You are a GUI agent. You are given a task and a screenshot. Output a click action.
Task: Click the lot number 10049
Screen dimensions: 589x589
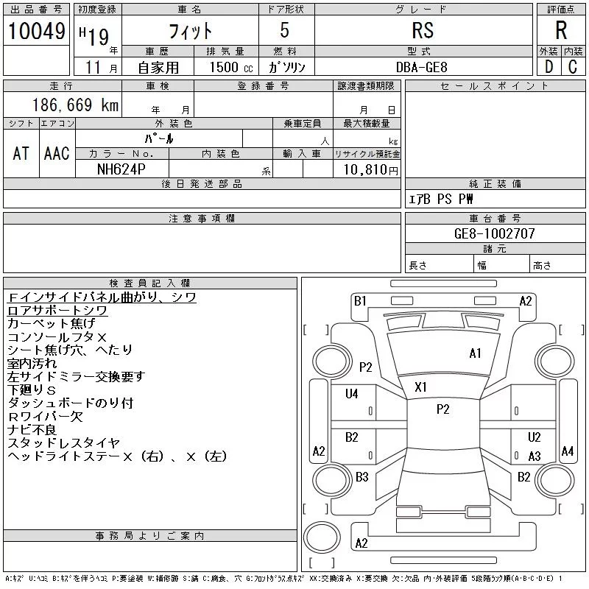click(36, 31)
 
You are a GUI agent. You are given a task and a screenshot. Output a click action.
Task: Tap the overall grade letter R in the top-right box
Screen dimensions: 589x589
click(561, 30)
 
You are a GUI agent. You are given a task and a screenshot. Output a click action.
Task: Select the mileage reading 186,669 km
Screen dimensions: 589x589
click(75, 105)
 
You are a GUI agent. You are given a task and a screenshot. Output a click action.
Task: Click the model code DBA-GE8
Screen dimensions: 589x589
click(421, 67)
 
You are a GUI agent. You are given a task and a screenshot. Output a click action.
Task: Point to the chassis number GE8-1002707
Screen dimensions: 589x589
click(494, 233)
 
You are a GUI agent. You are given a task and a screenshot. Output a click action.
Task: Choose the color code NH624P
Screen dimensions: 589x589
click(121, 169)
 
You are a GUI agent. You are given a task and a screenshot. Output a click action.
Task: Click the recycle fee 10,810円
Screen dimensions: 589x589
click(370, 169)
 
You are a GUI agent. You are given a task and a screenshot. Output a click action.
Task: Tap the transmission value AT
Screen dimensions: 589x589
click(21, 153)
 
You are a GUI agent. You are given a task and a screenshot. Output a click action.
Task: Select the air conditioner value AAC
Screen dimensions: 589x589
click(57, 153)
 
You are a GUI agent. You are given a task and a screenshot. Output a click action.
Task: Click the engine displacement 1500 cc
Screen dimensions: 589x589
click(231, 67)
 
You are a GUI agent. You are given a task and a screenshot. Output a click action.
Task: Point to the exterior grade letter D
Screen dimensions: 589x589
click(549, 67)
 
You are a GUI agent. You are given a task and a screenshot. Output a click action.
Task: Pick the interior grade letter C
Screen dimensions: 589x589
click(573, 67)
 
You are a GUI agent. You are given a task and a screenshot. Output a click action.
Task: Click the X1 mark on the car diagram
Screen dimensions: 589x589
click(420, 387)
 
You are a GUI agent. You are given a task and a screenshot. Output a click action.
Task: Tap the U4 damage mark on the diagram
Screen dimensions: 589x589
click(352, 394)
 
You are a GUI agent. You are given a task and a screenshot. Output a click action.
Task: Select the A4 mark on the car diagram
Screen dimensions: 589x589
click(568, 451)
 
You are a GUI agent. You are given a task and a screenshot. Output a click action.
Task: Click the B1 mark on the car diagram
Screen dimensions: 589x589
click(360, 301)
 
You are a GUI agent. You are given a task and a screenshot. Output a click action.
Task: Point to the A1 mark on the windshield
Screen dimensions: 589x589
click(475, 353)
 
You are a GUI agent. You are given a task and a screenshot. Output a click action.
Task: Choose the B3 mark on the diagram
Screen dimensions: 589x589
click(362, 477)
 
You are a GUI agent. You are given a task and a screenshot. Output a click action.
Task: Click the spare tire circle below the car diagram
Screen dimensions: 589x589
click(322, 537)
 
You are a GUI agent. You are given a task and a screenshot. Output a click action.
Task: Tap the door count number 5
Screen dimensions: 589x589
click(285, 30)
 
